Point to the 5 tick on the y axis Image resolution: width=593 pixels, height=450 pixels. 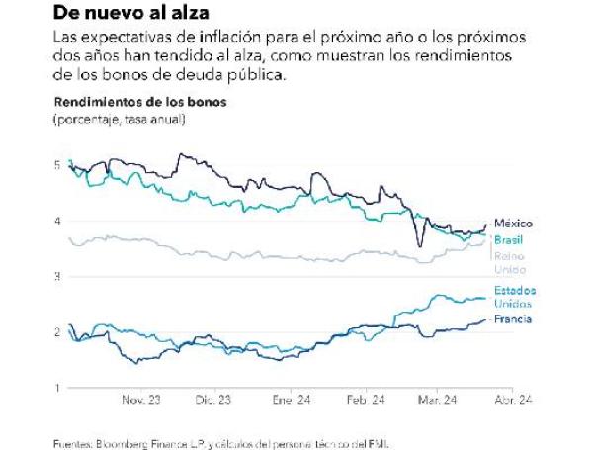tap(57, 165)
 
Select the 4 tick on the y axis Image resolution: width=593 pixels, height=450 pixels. tap(57, 221)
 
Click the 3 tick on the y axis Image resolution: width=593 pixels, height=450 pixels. tap(57, 276)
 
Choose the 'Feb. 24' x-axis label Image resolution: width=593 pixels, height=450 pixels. tap(365, 401)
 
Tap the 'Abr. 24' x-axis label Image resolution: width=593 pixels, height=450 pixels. tap(514, 401)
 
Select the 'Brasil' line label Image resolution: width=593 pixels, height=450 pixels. tap(509, 240)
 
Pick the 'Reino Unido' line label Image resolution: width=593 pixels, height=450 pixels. tap(510, 262)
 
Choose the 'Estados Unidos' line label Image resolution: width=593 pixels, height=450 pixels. tap(515, 296)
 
